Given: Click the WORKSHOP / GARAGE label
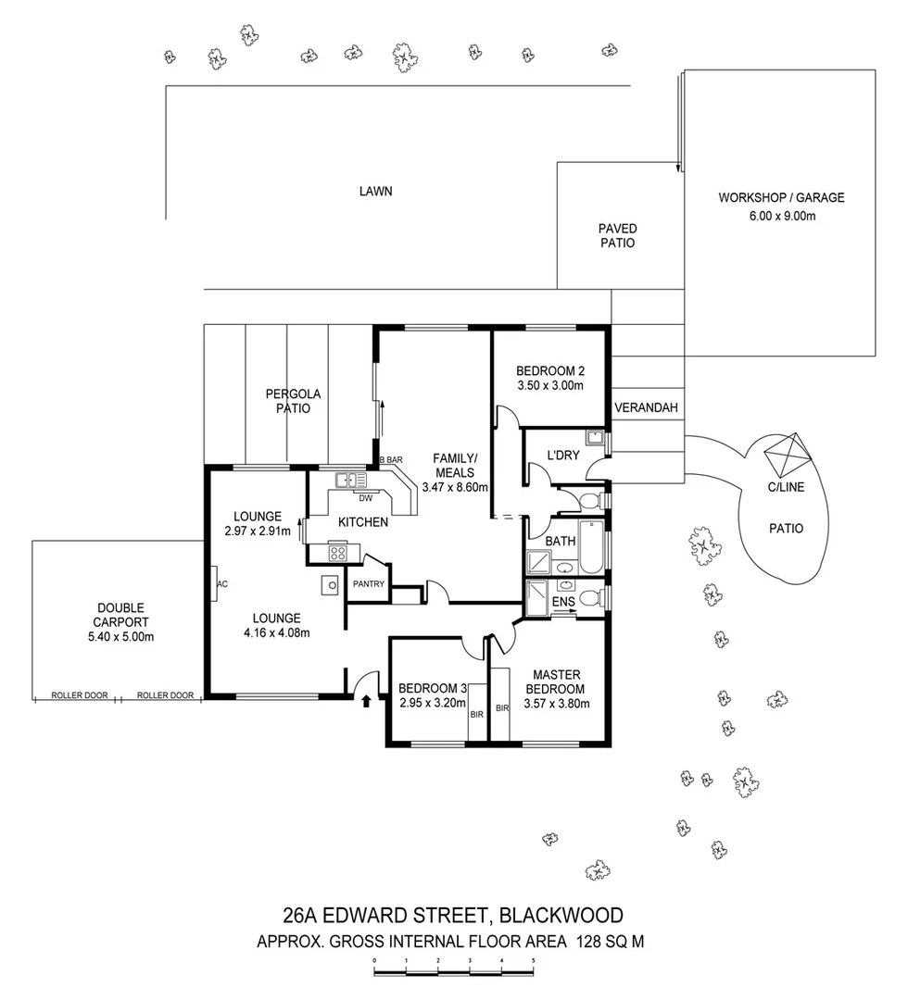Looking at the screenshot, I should pos(781,197).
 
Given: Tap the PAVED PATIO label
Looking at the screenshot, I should pos(616,235).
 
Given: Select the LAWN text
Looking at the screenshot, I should pos(376,192).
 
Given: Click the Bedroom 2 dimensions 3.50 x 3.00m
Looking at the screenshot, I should pos(549,386).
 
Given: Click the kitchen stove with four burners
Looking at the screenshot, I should pos(338,554).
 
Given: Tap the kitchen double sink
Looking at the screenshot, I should pos(352,480).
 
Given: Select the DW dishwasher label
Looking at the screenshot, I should pos(352,497).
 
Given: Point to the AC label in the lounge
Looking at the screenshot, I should pos(222,584).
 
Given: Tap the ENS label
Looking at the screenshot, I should pos(562,602).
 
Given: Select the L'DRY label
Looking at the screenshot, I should pos(561,456).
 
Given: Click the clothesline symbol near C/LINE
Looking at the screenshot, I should pos(788,455).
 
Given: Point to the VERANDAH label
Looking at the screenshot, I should pos(647,407).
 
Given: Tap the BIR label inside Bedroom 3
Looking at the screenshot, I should pos(476,715).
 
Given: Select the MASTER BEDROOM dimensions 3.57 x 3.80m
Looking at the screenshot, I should pos(555,704).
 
